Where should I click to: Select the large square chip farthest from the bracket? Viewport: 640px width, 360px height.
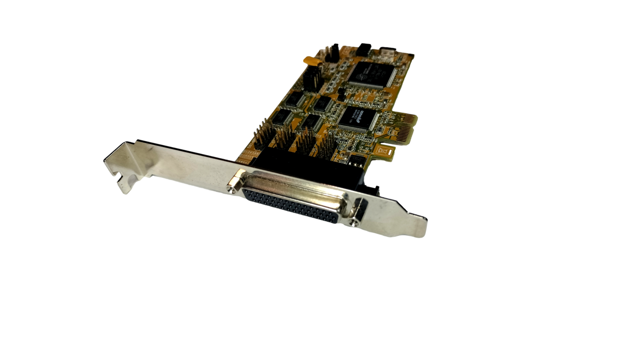tap(371, 72)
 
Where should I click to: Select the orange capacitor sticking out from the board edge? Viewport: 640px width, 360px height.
tap(308, 59)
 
